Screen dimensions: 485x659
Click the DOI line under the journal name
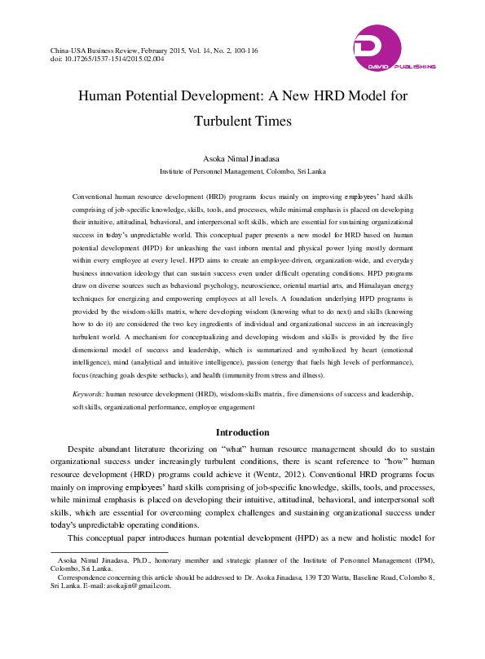click(x=107, y=60)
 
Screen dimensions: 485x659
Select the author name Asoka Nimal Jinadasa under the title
click(x=242, y=158)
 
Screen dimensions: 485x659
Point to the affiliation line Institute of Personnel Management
click(x=242, y=172)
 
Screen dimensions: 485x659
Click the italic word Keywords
click(x=87, y=393)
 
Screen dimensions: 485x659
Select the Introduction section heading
click(x=242, y=432)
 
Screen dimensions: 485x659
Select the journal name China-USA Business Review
click(x=100, y=51)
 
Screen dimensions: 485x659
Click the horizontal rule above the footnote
click(x=97, y=551)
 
